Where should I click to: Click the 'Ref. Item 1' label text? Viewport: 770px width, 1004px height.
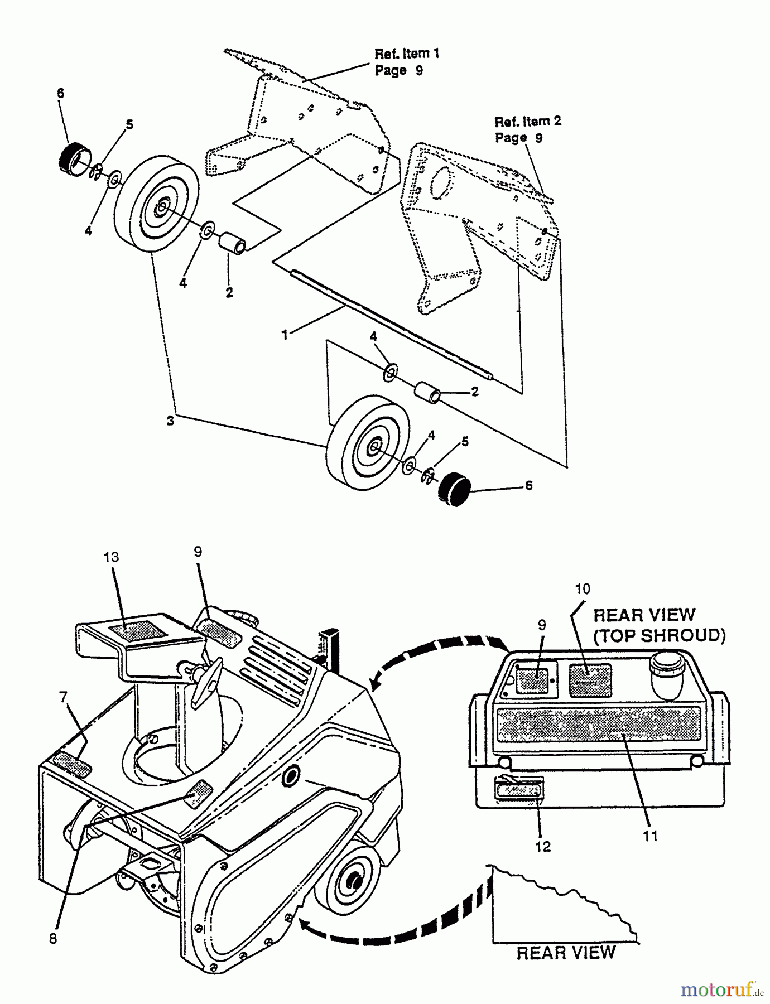pyautogui.click(x=407, y=54)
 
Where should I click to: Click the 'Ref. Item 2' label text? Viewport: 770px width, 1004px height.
pyautogui.click(x=528, y=121)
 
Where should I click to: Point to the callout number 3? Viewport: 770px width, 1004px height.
pyautogui.click(x=170, y=421)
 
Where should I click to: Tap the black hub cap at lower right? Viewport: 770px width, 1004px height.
pyautogui.click(x=453, y=489)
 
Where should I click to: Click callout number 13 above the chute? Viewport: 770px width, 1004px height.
pyautogui.click(x=111, y=557)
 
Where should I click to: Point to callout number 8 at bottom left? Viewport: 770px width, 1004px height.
pyautogui.click(x=53, y=939)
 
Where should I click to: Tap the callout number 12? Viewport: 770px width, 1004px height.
pyautogui.click(x=542, y=847)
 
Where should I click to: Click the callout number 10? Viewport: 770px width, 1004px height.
pyautogui.click(x=582, y=589)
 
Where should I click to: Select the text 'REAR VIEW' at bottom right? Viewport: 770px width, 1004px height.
pyautogui.click(x=565, y=953)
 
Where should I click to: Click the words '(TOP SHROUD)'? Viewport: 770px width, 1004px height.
pyautogui.click(x=659, y=636)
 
